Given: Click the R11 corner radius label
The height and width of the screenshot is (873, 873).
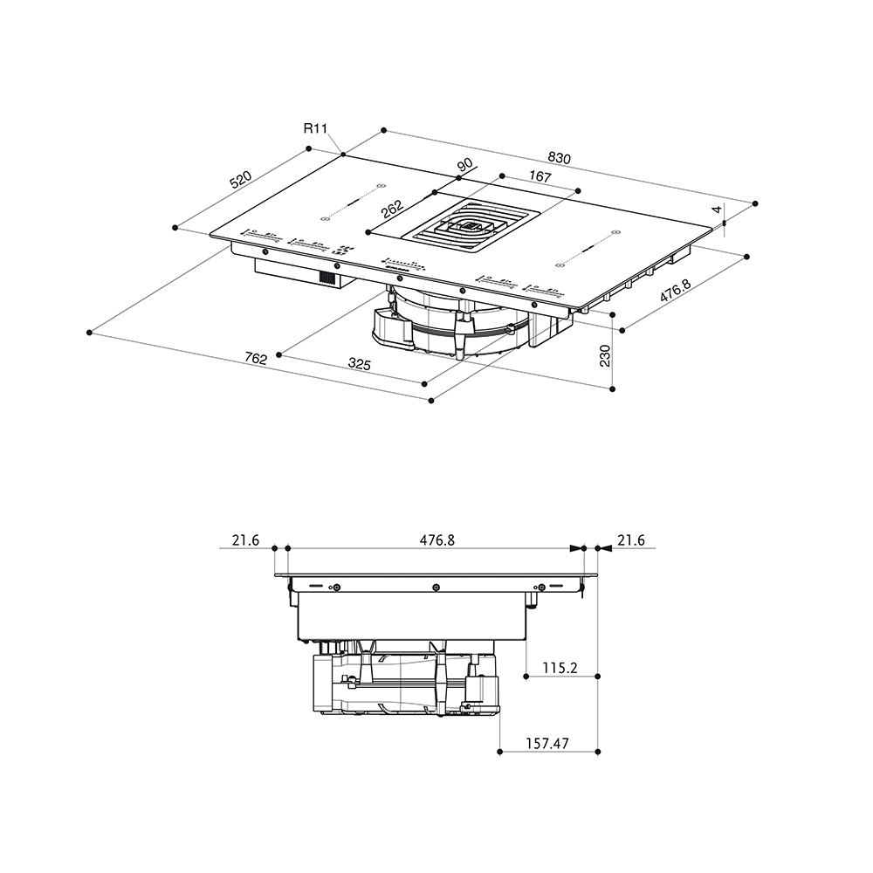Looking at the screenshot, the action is pyautogui.click(x=315, y=128).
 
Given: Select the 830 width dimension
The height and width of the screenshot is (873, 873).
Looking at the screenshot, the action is pyautogui.click(x=559, y=158).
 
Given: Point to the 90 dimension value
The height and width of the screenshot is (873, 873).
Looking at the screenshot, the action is pyautogui.click(x=464, y=165).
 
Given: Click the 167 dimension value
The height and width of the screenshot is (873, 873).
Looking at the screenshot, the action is pyautogui.click(x=540, y=176).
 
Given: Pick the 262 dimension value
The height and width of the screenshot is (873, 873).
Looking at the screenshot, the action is pyautogui.click(x=392, y=210).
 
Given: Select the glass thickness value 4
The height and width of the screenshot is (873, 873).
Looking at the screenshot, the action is pyautogui.click(x=717, y=210).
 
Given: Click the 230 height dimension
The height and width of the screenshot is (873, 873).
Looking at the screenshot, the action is pyautogui.click(x=605, y=356).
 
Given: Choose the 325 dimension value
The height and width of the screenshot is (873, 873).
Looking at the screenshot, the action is pyautogui.click(x=359, y=364).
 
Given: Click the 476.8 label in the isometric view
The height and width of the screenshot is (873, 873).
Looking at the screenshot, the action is pyautogui.click(x=676, y=291).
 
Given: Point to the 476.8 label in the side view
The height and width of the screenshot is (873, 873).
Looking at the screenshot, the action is pyautogui.click(x=437, y=540).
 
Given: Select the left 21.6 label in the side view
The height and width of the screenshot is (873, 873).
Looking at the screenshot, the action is pyautogui.click(x=245, y=540).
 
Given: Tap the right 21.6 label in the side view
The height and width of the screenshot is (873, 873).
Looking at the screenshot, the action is pyautogui.click(x=631, y=540).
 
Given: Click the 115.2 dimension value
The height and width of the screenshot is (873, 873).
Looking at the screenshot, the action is pyautogui.click(x=560, y=668).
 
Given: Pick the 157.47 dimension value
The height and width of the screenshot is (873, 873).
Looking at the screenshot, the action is pyautogui.click(x=547, y=743).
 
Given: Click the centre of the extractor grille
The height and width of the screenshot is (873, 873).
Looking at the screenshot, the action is pyautogui.click(x=471, y=227).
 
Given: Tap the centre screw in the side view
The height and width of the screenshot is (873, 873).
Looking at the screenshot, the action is pyautogui.click(x=436, y=588).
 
